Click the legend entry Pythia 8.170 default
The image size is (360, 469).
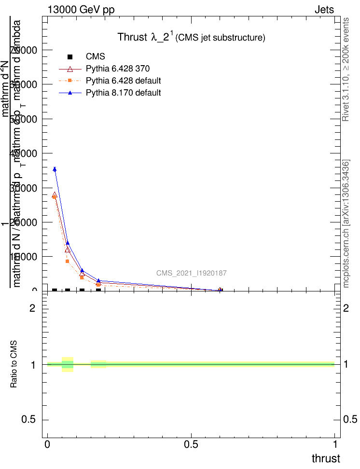click(123, 93)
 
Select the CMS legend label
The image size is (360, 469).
click(95, 56)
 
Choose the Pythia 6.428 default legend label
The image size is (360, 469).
click(123, 80)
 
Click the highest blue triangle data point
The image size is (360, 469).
click(55, 169)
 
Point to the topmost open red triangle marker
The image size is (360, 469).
click(55, 195)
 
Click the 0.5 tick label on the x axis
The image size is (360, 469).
click(191, 443)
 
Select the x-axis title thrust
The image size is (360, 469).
click(325, 458)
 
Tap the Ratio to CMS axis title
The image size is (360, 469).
click(14, 364)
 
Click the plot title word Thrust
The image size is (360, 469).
click(131, 37)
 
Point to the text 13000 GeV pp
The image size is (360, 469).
click(81, 10)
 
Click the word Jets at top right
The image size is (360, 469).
click(324, 10)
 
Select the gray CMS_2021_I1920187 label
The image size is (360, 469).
click(191, 273)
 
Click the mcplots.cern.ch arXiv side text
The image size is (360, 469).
click(346, 223)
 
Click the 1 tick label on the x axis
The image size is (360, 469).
click(334, 443)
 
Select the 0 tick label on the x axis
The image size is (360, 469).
click(47, 443)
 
